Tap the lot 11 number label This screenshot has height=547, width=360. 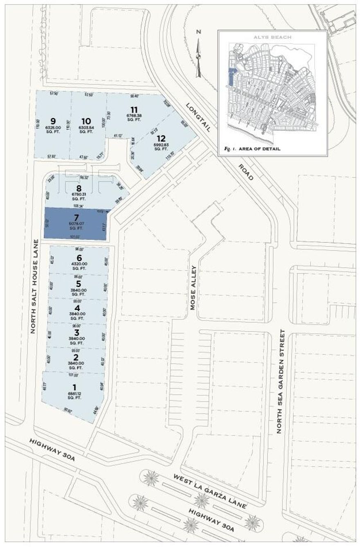[134, 109]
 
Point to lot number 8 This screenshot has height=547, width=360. [79, 188]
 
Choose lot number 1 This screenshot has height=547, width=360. [74, 387]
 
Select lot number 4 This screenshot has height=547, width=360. [77, 308]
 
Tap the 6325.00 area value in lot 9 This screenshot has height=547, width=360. [53, 127]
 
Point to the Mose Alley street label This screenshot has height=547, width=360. [193, 287]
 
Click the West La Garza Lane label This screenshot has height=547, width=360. [210, 491]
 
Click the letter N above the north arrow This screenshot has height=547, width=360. [198, 32]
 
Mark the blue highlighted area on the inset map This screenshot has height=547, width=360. [231, 77]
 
